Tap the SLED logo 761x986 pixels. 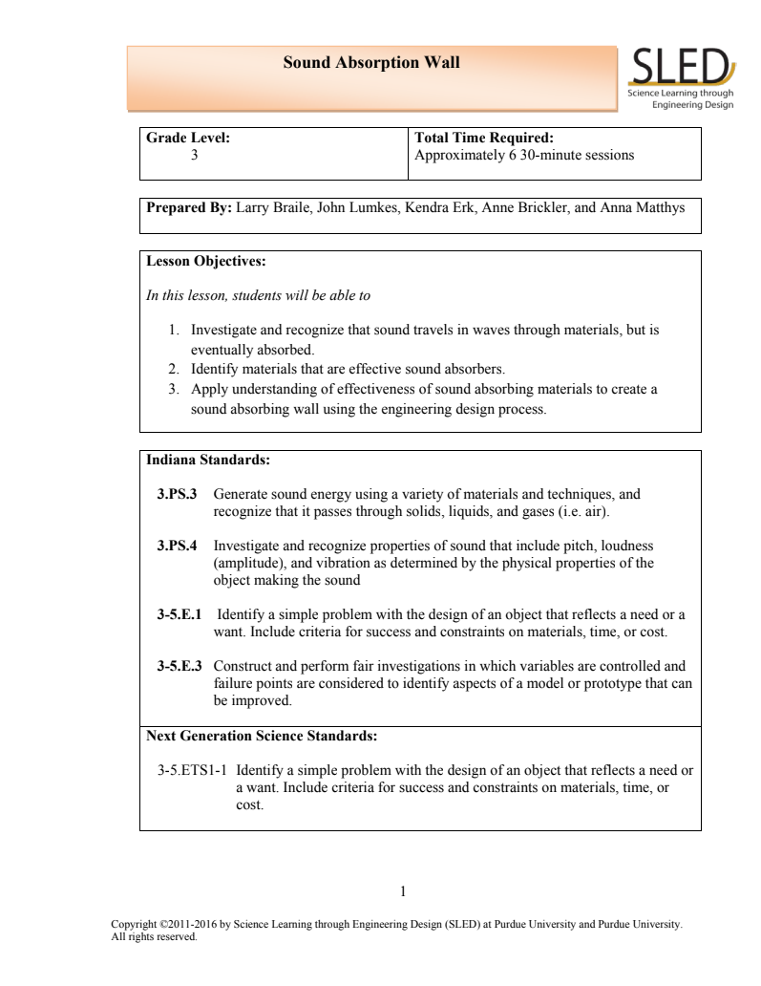(681, 76)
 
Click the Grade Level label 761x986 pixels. (188, 138)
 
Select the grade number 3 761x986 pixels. (195, 154)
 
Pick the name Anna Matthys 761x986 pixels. (642, 207)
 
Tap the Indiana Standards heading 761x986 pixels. (208, 460)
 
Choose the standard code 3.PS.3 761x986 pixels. (177, 495)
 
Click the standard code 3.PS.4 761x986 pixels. (177, 546)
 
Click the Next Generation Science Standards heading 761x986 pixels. (261, 736)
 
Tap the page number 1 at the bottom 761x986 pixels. (402, 891)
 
